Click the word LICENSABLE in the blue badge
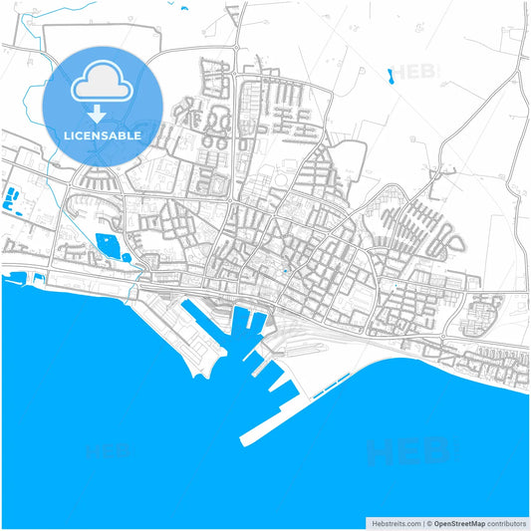pyautogui.click(x=103, y=134)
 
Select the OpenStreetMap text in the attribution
pyautogui.click(x=458, y=522)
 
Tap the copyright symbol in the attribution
pyautogui.click(x=428, y=522)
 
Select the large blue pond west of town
pyautogui.click(x=109, y=244)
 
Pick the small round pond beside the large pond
pyautogui.click(x=127, y=257)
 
